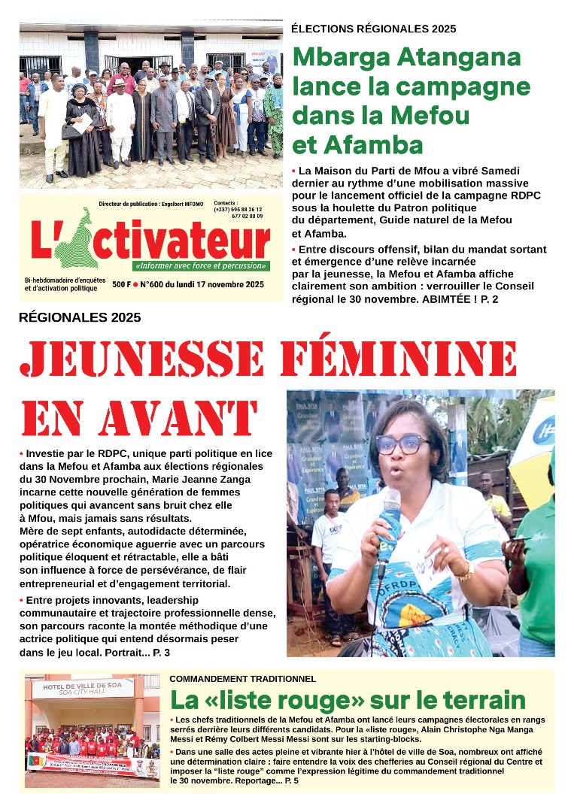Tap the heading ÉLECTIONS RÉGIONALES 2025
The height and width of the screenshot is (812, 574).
(373, 29)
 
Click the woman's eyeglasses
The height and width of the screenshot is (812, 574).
(402, 444)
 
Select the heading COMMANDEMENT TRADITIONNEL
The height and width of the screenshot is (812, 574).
(242, 679)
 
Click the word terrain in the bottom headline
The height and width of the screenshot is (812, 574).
(476, 700)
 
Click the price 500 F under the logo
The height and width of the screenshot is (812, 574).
(122, 284)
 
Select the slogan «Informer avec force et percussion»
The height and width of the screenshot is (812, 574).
(201, 266)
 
